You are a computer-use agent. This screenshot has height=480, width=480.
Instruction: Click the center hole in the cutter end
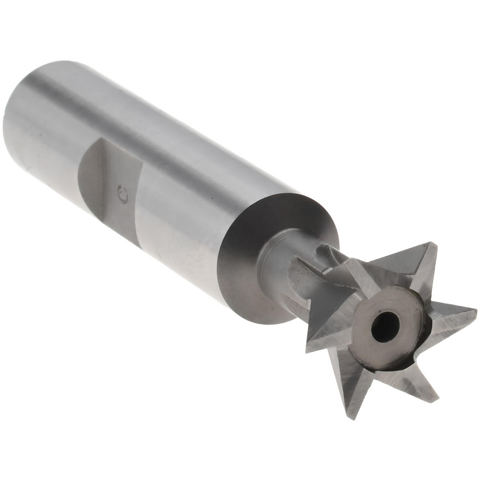point(385,327)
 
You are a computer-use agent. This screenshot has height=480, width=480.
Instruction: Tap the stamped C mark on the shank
point(123,195)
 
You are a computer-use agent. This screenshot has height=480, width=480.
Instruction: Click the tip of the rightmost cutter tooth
point(475,311)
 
